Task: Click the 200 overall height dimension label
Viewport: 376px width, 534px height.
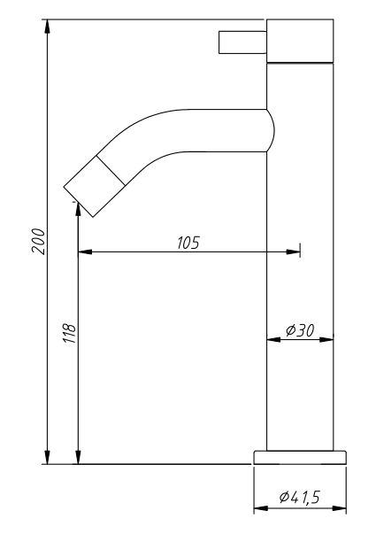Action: pyautogui.click(x=38, y=241)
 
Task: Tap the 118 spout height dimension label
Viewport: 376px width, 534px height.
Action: pyautogui.click(x=69, y=333)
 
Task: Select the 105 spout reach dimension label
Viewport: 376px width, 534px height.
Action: pyautogui.click(x=188, y=243)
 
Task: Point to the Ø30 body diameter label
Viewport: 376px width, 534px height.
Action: pyautogui.click(x=300, y=330)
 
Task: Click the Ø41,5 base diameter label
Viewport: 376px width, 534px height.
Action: pyautogui.click(x=300, y=497)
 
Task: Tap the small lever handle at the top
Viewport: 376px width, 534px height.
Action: pyautogui.click(x=242, y=43)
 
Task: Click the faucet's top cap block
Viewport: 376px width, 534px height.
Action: pyautogui.click(x=300, y=41)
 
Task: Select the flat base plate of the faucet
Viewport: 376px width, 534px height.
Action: pyautogui.click(x=300, y=457)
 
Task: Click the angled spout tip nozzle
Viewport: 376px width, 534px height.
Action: pyautogui.click(x=95, y=186)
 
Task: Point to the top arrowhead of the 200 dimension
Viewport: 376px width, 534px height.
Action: pyautogui.click(x=47, y=27)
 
